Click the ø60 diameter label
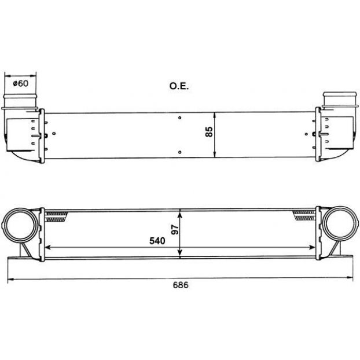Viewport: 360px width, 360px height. (21, 83)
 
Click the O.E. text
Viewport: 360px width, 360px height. (179, 86)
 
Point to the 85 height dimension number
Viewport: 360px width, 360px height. (209, 131)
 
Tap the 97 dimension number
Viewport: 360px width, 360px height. (175, 230)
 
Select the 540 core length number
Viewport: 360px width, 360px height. (157, 241)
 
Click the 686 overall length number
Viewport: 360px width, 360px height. (181, 285)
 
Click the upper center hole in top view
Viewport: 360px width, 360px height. (180, 117)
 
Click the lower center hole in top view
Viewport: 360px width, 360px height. (180, 152)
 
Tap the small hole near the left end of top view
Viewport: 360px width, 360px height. (54, 133)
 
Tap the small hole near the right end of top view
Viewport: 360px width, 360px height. (306, 134)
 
